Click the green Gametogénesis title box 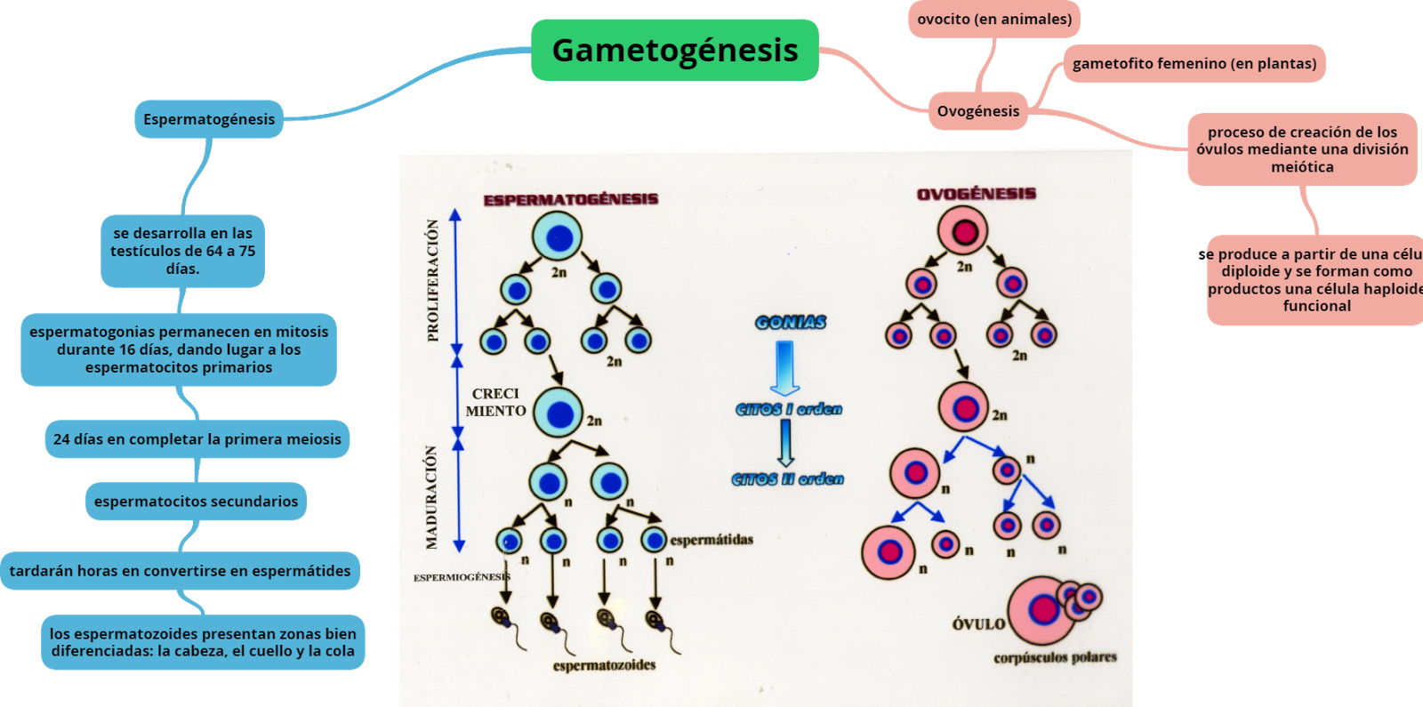pos(674,50)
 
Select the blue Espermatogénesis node pos(209,119)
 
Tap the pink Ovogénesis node pos(977,111)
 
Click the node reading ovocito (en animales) pos(994,20)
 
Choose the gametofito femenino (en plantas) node pos(1194,64)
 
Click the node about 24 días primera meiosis pos(197,439)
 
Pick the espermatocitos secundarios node pos(196,502)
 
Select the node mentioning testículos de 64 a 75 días pos(182,251)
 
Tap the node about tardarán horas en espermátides pos(180,571)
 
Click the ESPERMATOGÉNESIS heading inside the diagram pos(570,199)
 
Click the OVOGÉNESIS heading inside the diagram pos(976,194)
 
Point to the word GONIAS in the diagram pos(790,322)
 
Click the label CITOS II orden pos(787,479)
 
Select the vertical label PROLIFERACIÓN pos(433,280)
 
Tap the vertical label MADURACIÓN pos(431,497)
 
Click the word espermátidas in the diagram pos(711,540)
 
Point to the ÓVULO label pos(977,624)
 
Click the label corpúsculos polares pos(1055,657)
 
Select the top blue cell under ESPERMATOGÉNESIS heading pos(558,237)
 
